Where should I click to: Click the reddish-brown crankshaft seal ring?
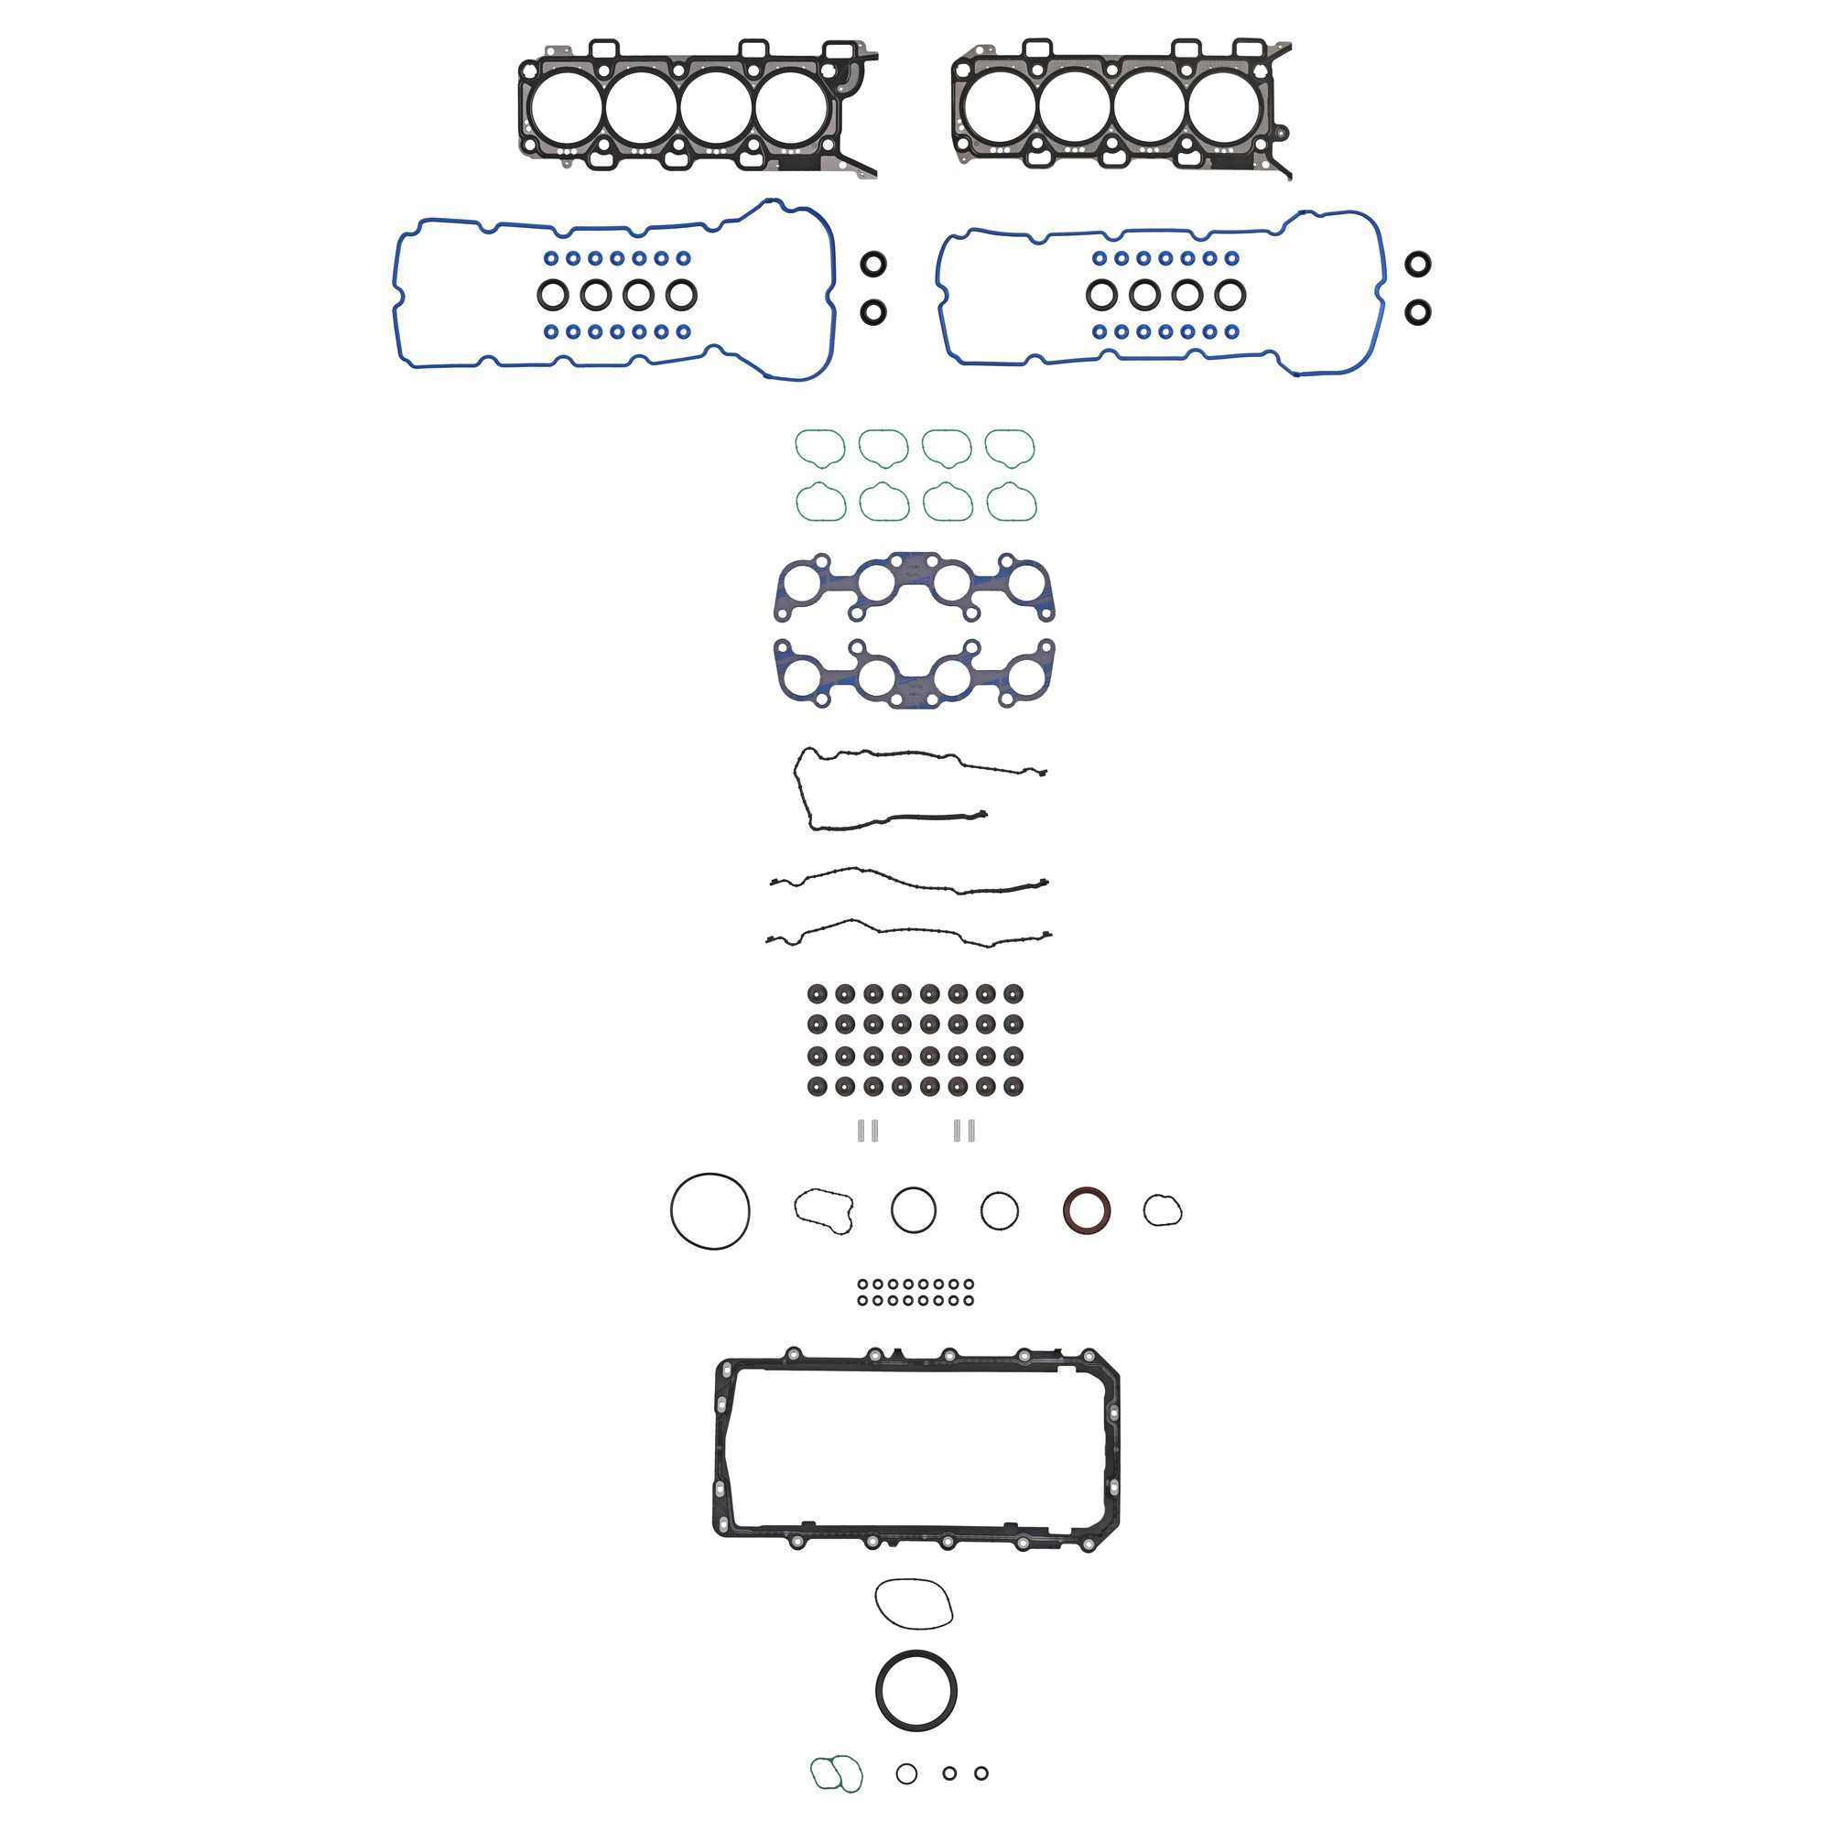coord(1087,1210)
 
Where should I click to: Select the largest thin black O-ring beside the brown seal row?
coord(710,1211)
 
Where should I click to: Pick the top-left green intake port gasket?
coord(819,449)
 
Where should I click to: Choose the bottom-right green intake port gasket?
coord(1012,503)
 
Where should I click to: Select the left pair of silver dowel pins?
coord(868,1130)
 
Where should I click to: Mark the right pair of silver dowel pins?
coord(965,1130)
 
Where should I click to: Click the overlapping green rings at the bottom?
coord(836,1773)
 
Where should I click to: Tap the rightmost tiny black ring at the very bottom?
coord(981,1773)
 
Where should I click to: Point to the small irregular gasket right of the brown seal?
coord(1162,1210)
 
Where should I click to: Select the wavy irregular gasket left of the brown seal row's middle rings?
coord(824,1210)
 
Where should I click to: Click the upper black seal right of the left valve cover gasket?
coord(873,265)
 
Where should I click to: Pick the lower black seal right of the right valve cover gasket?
coord(1418,311)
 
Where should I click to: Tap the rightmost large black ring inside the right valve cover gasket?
coord(1230,295)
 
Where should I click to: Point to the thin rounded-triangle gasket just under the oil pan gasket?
coord(914,1604)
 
